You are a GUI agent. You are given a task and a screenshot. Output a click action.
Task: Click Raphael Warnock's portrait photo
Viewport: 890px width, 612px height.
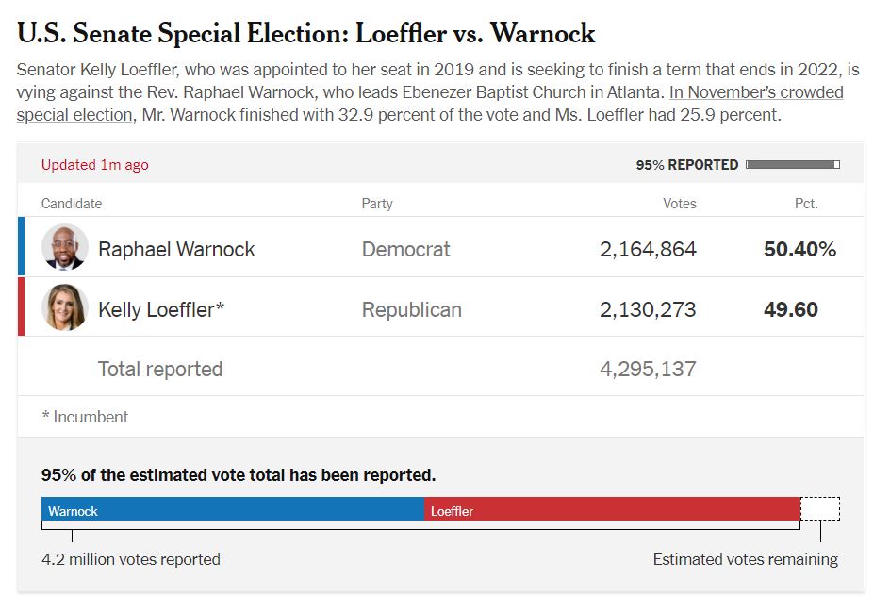(x=65, y=247)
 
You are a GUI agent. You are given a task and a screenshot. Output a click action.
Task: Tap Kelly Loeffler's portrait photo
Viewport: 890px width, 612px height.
(x=65, y=307)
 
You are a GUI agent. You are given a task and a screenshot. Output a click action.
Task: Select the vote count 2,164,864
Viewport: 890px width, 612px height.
(x=648, y=250)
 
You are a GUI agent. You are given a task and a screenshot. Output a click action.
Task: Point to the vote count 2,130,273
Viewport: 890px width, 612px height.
(x=648, y=309)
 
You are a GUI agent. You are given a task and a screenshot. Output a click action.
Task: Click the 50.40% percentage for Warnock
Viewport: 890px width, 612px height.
(x=799, y=250)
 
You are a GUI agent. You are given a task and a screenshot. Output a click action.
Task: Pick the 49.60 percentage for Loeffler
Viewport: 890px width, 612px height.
(x=791, y=309)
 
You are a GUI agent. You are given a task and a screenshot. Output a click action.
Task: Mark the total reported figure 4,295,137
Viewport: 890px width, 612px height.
(x=648, y=369)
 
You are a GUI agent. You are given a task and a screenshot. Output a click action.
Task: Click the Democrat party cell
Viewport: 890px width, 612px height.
(x=406, y=250)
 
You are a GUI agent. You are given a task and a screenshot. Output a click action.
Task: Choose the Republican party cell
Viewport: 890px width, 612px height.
(x=412, y=309)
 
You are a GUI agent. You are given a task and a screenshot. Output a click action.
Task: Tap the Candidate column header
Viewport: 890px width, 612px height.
(x=72, y=204)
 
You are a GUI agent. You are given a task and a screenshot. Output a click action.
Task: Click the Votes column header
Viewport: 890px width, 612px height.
(x=680, y=204)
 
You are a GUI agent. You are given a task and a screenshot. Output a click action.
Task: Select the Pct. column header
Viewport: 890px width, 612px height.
(x=806, y=204)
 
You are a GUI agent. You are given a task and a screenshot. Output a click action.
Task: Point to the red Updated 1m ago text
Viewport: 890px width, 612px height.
(x=95, y=165)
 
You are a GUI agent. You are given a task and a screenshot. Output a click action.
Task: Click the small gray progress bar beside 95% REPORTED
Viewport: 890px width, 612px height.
(x=792, y=165)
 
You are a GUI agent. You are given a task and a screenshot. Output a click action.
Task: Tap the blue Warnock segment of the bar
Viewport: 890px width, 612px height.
(x=233, y=509)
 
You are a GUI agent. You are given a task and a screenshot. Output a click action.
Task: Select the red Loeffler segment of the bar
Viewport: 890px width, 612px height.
(x=612, y=509)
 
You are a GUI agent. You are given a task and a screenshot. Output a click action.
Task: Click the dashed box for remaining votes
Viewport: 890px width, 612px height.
(x=819, y=509)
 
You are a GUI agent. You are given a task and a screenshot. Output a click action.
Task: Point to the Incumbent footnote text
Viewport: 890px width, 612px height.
(x=85, y=417)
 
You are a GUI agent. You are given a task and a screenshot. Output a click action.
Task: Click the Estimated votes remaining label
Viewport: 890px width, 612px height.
(x=745, y=559)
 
